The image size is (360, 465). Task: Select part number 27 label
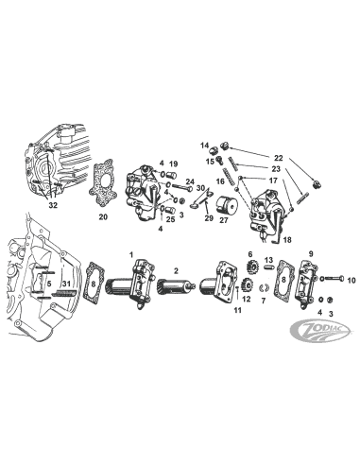[224, 220]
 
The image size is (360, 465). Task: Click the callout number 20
[103, 216]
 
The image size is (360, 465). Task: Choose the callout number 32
[53, 205]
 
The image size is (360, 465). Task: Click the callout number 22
[279, 158]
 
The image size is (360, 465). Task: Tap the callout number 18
[287, 239]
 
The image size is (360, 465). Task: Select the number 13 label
[268, 260]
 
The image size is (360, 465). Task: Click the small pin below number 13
[268, 267]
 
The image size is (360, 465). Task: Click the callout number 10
[351, 280]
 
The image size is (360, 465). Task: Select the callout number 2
[176, 270]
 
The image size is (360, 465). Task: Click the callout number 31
[66, 284]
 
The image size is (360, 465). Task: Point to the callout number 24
[190, 181]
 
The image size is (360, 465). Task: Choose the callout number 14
[205, 146]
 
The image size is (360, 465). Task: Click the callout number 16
[220, 181]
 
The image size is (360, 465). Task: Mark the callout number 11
[237, 310]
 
